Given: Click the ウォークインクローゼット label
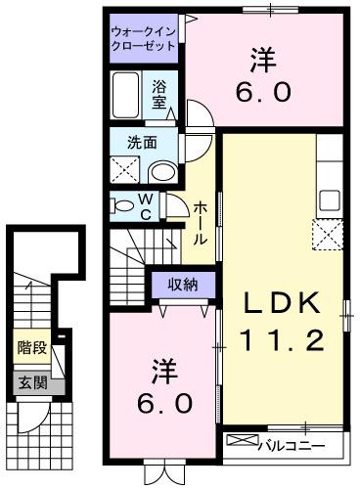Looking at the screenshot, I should tap(143, 38).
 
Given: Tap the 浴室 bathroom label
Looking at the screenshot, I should tap(160, 94).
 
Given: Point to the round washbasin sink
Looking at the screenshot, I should tap(162, 172).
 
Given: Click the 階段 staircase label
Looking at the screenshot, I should tap(29, 345).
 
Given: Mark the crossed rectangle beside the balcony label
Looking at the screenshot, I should tap(241, 441).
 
